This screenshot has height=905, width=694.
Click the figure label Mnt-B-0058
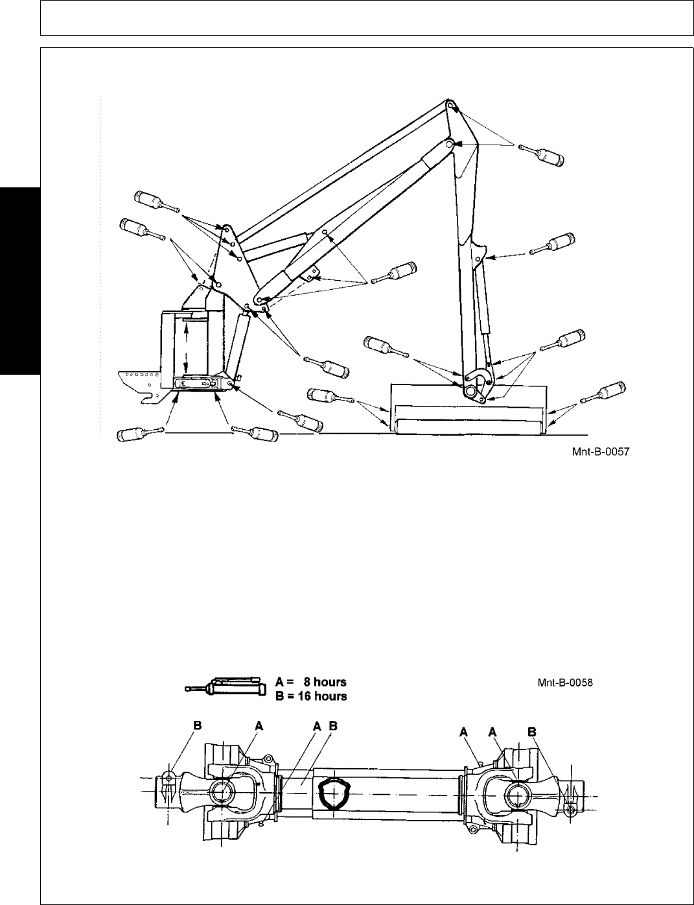pyautogui.click(x=566, y=682)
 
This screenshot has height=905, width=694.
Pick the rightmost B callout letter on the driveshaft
pyautogui.click(x=532, y=731)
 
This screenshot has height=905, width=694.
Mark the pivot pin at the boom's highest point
pyautogui.click(x=449, y=104)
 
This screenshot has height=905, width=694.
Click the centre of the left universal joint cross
pyautogui.click(x=223, y=792)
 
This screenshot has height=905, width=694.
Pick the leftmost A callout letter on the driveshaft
pyautogui.click(x=258, y=727)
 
